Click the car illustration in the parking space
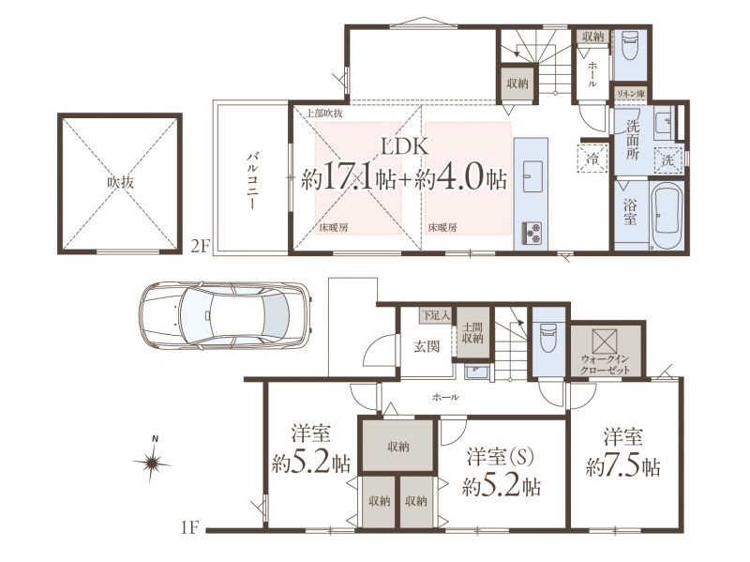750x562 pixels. (x=224, y=314)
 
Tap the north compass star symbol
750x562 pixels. (x=152, y=463)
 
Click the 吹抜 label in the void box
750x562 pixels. (x=120, y=182)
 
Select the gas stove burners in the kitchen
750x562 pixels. (x=531, y=232)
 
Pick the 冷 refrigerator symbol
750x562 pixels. (x=592, y=158)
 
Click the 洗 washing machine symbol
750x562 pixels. (x=667, y=160)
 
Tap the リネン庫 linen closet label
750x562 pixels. (x=629, y=94)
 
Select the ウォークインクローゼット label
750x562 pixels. (x=605, y=365)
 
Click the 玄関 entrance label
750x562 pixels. (x=427, y=346)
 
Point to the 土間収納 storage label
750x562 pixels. (x=472, y=333)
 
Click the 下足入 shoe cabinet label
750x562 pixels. (x=435, y=315)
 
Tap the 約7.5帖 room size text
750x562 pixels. (x=622, y=466)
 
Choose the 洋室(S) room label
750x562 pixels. (x=501, y=457)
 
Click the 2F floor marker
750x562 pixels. (x=201, y=246)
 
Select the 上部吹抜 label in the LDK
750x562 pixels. (x=323, y=114)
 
